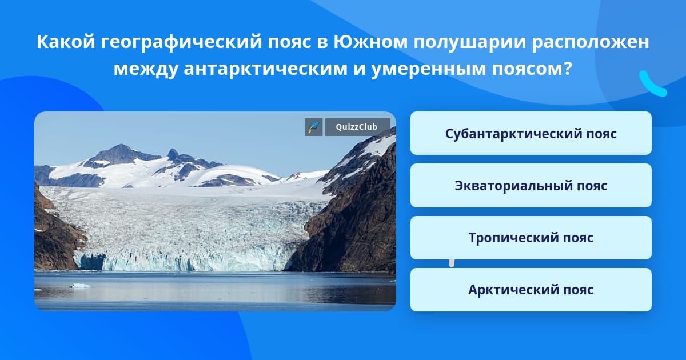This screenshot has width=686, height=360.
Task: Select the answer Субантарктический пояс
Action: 531,133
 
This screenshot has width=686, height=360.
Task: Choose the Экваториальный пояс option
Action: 531,186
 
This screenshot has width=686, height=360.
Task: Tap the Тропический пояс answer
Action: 531,238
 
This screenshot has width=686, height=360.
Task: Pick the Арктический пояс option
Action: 531,290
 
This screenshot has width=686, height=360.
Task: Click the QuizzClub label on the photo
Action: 357,127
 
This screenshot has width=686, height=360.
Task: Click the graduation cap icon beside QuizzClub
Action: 314,127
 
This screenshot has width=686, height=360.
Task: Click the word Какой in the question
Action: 66,42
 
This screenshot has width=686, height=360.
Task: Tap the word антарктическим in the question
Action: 265,69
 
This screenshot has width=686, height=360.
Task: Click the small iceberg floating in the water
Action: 80,286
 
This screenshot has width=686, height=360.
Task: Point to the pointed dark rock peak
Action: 173,154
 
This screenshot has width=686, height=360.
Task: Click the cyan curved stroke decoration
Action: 652,85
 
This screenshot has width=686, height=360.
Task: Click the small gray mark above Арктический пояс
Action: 452,263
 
